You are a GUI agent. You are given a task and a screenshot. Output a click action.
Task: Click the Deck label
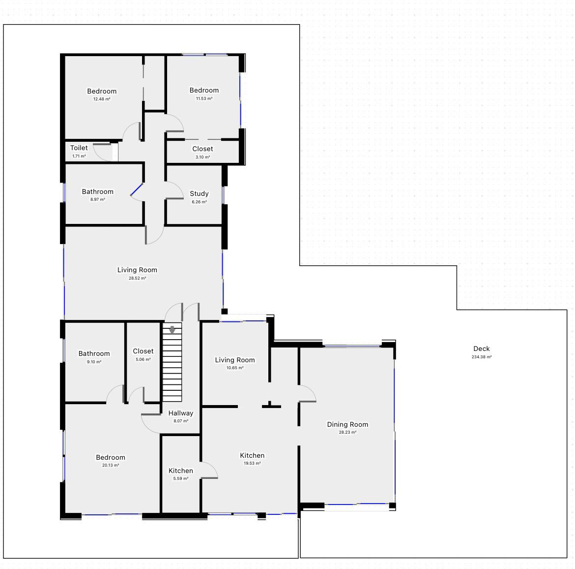[x=482, y=348]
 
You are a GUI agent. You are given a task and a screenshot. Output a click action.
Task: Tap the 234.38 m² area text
[x=482, y=357]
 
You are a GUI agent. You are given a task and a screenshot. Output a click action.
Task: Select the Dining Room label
[x=347, y=424]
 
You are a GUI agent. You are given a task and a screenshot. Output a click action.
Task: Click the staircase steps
[x=172, y=362]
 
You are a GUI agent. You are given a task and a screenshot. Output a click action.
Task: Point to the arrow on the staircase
[x=172, y=330]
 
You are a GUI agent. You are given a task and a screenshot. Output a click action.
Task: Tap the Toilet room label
[x=79, y=148]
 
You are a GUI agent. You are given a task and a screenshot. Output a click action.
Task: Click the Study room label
[x=199, y=193]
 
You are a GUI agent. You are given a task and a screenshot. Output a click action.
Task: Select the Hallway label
[x=181, y=413]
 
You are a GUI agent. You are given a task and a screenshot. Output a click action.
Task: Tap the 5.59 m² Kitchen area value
[x=181, y=478]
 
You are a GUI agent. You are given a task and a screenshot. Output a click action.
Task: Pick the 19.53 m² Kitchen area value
[x=252, y=464]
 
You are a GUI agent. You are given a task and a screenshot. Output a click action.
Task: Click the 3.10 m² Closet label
[x=203, y=157]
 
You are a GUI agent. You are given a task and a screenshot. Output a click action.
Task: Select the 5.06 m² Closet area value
[x=143, y=360]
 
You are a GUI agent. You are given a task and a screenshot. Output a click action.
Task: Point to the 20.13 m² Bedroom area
[x=111, y=466]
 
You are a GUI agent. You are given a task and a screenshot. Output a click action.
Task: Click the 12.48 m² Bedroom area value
[x=102, y=99]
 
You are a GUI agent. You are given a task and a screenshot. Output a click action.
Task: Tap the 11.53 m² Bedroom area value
[x=204, y=98]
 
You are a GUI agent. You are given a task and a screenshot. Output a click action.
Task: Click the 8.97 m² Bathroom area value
[x=97, y=200]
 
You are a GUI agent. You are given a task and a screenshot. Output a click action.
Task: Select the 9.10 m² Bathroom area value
[x=94, y=362]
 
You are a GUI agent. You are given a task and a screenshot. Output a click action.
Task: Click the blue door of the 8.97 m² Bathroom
[x=137, y=190]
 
